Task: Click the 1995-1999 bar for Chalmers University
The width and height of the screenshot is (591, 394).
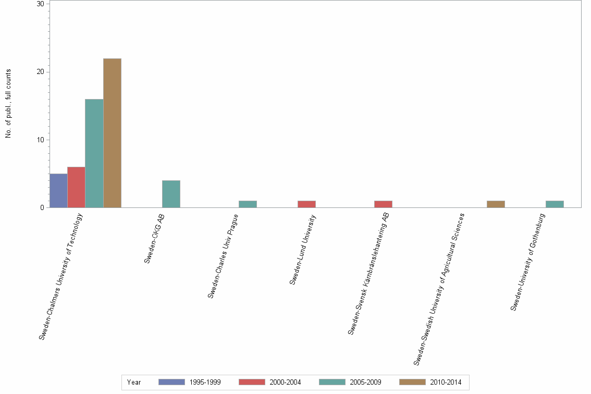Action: point(58,191)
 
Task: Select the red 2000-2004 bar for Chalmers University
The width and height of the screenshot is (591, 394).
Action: point(76,187)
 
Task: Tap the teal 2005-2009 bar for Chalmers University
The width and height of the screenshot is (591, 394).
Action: point(94,153)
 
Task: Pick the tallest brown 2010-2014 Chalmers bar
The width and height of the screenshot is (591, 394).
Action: point(112,133)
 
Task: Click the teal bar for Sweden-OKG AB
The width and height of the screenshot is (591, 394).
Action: point(171,194)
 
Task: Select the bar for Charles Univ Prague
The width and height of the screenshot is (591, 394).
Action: point(248,204)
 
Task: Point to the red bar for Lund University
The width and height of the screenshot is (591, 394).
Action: point(306,204)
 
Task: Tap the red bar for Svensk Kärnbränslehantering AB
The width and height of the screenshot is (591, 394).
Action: point(383,204)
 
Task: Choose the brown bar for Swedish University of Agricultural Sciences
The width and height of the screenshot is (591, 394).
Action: point(496,204)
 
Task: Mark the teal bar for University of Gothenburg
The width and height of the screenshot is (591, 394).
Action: point(555,204)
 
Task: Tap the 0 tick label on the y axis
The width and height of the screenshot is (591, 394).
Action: point(42,208)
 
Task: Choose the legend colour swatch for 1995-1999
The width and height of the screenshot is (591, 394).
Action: point(171,382)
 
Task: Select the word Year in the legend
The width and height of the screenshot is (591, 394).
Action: point(134,382)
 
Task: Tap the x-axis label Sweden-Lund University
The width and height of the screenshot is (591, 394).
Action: point(303,250)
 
